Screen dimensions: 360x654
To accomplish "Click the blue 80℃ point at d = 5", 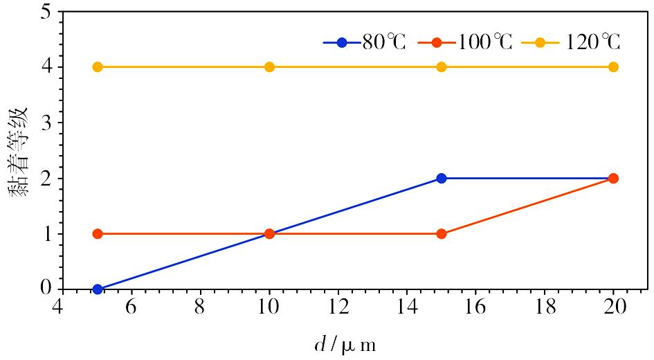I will click(x=98, y=289).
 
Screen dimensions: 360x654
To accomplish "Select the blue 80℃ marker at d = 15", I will click(x=442, y=178).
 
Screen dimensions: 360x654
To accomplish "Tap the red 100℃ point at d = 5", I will click(x=98, y=233).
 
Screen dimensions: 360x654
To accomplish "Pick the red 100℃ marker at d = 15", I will click(x=442, y=233).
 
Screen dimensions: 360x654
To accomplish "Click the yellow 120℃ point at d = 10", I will click(x=269, y=67).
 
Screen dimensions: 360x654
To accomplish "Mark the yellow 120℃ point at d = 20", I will click(x=613, y=67).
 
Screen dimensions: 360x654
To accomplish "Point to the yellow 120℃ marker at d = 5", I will click(x=98, y=67).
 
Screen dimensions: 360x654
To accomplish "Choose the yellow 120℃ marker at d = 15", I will click(x=442, y=67).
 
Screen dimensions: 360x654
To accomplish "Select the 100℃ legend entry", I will click(x=466, y=42).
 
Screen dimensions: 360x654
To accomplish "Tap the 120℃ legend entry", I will click(x=570, y=42).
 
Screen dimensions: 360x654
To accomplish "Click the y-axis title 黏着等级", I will click(x=19, y=151).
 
